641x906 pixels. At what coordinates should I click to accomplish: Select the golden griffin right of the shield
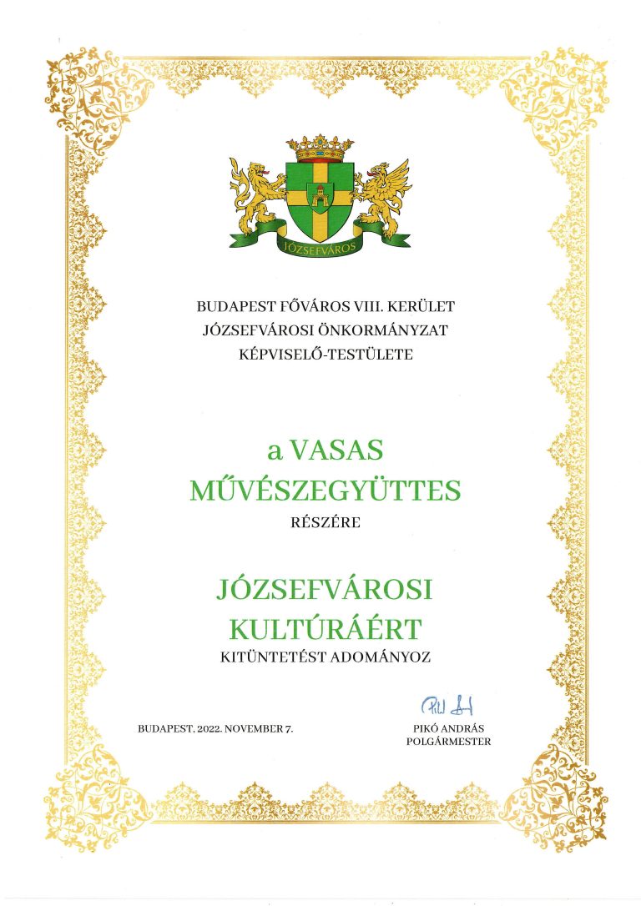tap(385, 198)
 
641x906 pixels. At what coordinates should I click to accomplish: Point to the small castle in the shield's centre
tap(320, 197)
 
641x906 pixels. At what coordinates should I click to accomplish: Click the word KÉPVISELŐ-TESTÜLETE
tap(320, 354)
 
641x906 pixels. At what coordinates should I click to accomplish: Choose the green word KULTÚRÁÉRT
tap(320, 627)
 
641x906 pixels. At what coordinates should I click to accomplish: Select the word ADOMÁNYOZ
tap(382, 657)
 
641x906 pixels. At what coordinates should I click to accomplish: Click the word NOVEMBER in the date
tap(260, 728)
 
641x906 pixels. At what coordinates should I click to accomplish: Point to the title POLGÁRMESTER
tap(448, 742)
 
